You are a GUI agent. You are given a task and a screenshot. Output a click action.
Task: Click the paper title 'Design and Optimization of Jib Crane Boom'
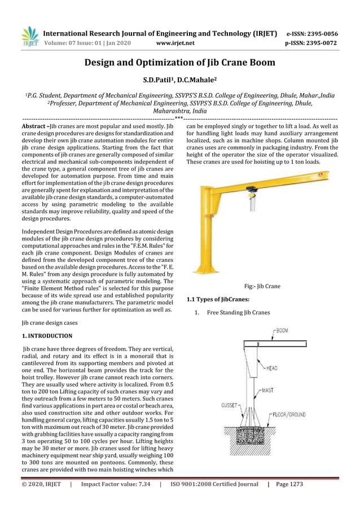tap(180, 63)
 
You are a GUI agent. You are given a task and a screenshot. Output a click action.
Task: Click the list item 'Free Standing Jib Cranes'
tap(238, 312)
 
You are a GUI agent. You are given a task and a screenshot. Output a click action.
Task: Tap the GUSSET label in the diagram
tap(230, 405)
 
